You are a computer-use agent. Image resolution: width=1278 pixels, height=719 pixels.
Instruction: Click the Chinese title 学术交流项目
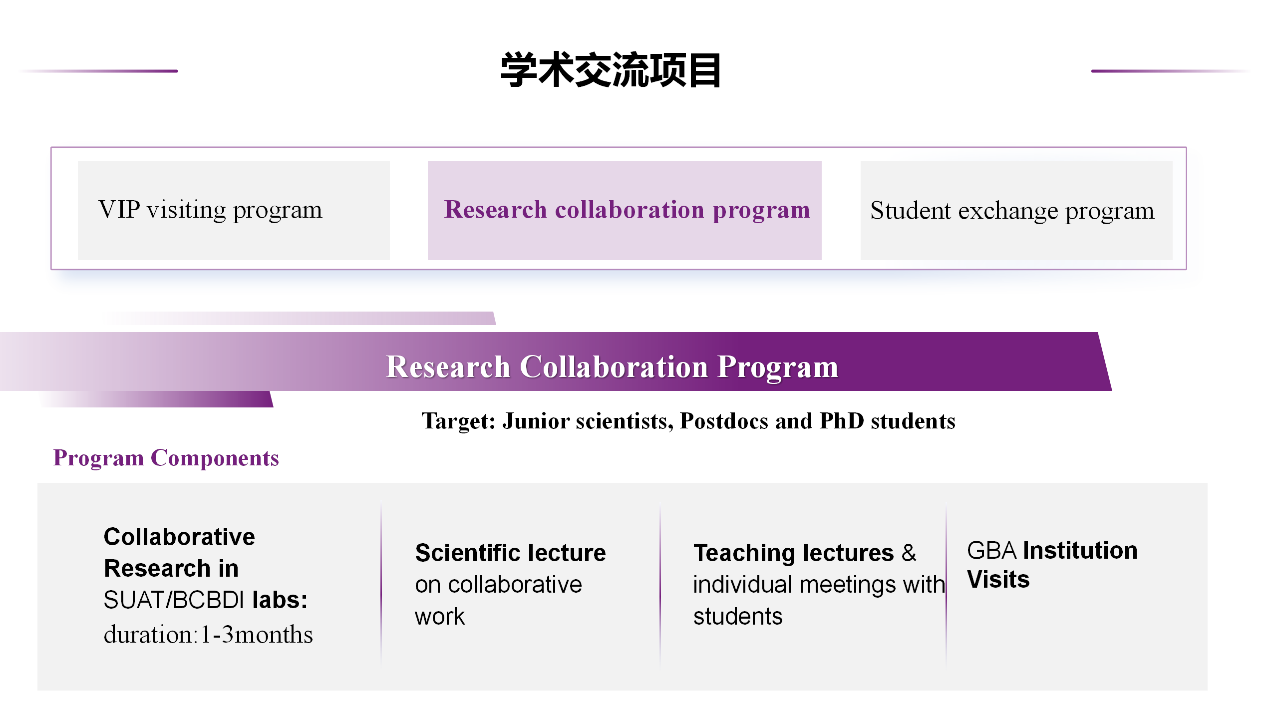point(611,70)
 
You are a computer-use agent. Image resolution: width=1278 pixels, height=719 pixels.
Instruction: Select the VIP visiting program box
point(234,210)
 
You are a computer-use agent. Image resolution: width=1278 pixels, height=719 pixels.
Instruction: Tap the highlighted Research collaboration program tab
point(625,210)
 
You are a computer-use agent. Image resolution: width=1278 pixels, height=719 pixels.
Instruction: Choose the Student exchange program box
point(1016,210)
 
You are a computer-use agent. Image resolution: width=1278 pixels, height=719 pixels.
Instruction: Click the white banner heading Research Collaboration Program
point(612,367)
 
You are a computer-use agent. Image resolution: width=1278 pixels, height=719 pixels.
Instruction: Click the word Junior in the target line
point(536,421)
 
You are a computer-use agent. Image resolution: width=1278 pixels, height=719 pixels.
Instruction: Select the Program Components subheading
point(166,458)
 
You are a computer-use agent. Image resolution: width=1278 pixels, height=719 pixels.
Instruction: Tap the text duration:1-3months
point(208,635)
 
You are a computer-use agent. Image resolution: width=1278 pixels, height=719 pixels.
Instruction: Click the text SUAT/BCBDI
point(174,600)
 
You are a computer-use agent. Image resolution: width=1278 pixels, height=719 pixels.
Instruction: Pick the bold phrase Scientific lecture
point(511,553)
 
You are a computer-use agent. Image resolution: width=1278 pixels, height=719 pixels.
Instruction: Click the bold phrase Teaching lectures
point(794,553)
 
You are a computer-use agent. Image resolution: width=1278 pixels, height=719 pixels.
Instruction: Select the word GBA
point(991,550)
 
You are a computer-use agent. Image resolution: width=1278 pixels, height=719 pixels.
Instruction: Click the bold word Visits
point(998,580)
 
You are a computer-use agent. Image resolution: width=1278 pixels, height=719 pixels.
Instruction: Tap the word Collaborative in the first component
point(179,537)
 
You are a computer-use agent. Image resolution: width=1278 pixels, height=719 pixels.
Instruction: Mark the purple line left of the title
point(98,71)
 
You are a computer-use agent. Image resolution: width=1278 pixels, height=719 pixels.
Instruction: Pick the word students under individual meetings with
point(738,617)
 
